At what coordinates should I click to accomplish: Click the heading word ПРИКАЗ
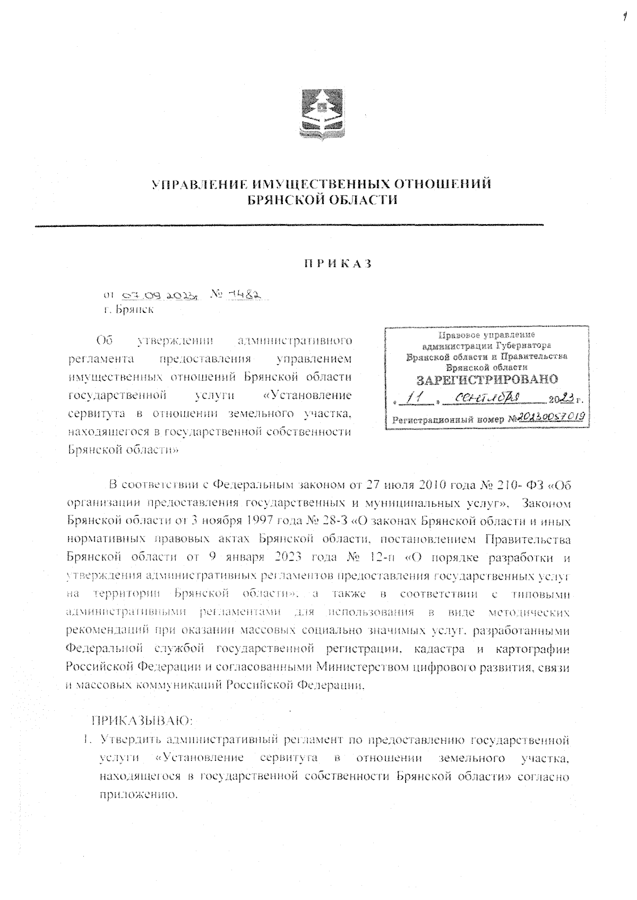(x=337, y=264)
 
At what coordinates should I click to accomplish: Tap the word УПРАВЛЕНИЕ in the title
(x=197, y=185)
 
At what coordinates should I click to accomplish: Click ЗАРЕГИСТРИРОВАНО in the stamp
(x=487, y=379)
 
